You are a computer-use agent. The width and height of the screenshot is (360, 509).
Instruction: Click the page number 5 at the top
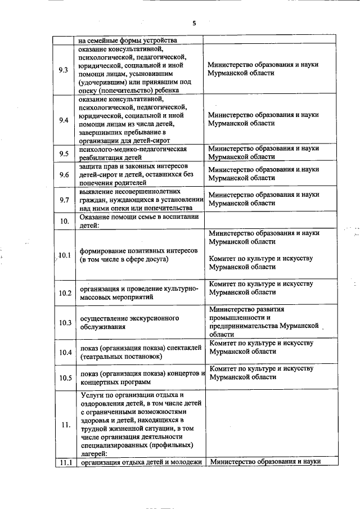pyautogui.click(x=193, y=23)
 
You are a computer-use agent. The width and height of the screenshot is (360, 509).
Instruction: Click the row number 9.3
pyautogui.click(x=64, y=70)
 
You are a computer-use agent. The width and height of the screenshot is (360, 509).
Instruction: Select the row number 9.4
pyautogui.click(x=64, y=120)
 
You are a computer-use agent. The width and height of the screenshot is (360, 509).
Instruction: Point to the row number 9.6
pyautogui.click(x=64, y=175)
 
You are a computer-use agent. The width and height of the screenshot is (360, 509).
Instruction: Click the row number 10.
pyautogui.click(x=64, y=220)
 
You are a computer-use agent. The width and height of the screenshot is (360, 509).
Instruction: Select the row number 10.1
pyautogui.click(x=64, y=255)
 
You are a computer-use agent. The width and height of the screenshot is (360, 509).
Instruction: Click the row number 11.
pyautogui.click(x=64, y=425)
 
